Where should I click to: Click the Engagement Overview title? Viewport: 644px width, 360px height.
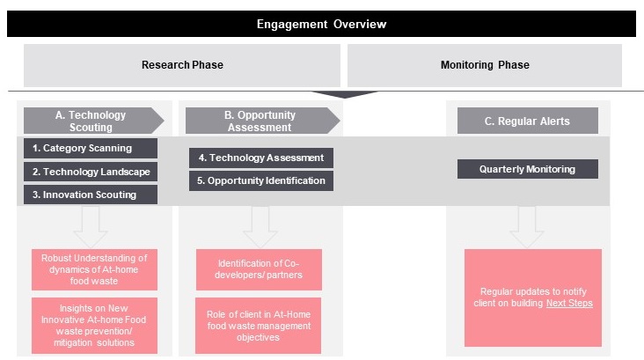[321, 24]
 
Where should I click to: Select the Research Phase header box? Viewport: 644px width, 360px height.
[182, 65]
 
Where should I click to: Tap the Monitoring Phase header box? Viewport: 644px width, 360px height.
[485, 65]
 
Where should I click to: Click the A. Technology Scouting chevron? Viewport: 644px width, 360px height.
[93, 121]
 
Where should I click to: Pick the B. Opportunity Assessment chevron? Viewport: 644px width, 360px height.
[263, 121]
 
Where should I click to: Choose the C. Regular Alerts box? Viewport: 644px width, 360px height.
[528, 121]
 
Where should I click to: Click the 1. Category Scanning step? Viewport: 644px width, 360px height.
[91, 149]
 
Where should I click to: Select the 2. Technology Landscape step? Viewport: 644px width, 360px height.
[91, 172]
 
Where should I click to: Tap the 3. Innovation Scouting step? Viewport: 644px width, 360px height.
[91, 195]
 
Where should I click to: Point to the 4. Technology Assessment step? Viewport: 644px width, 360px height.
[261, 158]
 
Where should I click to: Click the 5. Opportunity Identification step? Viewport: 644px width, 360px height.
[261, 180]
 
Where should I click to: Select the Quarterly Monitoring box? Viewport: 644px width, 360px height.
[528, 169]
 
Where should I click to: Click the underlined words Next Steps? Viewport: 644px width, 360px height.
[569, 304]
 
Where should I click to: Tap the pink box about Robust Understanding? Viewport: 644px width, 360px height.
[94, 269]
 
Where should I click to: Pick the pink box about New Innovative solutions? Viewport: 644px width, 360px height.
[94, 326]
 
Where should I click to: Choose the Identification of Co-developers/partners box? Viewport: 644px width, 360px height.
[259, 269]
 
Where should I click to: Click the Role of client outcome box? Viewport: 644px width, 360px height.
[259, 326]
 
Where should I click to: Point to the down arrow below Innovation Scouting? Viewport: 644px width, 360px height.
[91, 227]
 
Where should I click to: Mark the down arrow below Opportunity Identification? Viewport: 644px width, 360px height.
[260, 227]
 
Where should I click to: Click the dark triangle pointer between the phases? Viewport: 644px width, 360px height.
[344, 95]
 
